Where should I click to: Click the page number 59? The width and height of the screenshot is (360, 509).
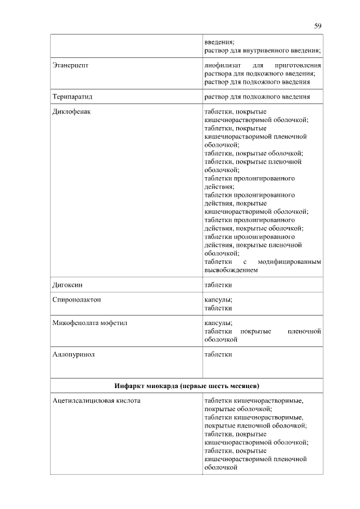click(318, 26)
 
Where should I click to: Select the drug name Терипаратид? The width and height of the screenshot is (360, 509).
click(72, 97)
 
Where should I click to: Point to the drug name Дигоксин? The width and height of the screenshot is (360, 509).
click(67, 285)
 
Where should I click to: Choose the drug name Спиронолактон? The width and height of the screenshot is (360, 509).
click(76, 300)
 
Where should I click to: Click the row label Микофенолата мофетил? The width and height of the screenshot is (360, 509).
click(88, 323)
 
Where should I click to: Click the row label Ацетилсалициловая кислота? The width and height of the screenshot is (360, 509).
click(96, 401)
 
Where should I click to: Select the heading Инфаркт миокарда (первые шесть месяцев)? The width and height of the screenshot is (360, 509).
click(186, 386)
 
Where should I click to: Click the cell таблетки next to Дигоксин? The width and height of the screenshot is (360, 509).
click(218, 285)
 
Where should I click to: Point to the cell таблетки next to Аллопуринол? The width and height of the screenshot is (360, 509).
click(218, 355)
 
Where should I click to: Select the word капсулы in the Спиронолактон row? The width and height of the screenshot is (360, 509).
click(218, 300)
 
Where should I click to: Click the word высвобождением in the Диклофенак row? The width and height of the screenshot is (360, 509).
click(231, 271)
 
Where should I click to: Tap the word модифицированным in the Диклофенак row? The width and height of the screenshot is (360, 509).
click(289, 262)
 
